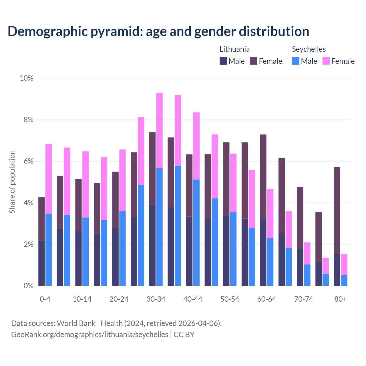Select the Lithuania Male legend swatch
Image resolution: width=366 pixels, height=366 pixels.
(x=223, y=61)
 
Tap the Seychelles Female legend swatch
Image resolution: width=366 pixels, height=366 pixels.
(x=326, y=61)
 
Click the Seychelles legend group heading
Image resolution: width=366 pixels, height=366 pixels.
(x=309, y=49)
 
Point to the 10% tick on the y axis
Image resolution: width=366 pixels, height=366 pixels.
(x=27, y=78)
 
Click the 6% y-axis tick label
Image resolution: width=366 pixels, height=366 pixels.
(x=28, y=161)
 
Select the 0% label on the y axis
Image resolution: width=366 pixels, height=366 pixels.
(x=28, y=286)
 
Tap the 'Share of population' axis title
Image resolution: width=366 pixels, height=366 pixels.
(x=12, y=182)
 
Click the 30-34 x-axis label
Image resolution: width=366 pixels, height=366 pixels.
(x=156, y=299)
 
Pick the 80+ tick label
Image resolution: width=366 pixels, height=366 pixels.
(x=341, y=299)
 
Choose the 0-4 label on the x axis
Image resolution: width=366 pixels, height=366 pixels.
(x=45, y=299)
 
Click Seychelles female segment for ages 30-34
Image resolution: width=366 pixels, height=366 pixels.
(x=160, y=130)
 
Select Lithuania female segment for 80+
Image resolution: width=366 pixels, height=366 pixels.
(x=337, y=210)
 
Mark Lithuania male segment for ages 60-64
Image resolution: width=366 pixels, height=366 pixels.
(x=263, y=252)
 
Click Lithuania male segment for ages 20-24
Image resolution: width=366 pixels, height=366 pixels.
(x=116, y=256)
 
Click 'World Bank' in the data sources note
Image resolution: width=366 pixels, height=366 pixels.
(x=76, y=323)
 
